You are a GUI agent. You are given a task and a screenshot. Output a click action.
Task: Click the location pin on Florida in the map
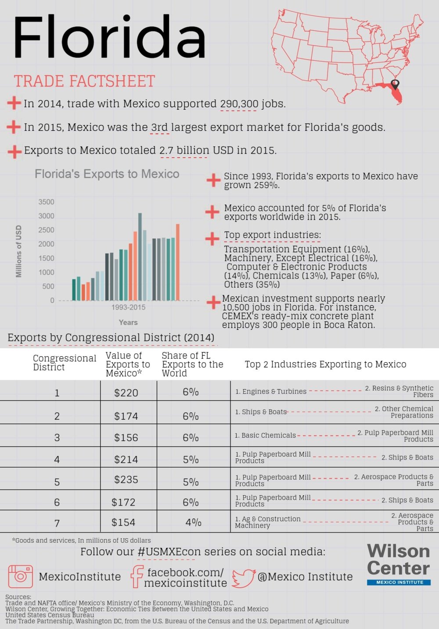pos(395,84)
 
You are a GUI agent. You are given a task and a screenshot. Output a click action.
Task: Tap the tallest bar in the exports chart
pos(140,257)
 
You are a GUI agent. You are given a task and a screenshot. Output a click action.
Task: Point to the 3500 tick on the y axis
pos(47,202)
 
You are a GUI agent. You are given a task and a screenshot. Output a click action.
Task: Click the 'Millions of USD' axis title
pos(18,251)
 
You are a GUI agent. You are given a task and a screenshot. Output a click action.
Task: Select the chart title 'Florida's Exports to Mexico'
pos(107,174)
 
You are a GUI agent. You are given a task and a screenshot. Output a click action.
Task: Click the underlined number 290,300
pos(239,104)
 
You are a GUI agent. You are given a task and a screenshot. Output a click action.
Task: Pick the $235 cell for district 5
pos(126,480)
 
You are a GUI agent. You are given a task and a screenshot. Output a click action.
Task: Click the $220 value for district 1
pos(126,393)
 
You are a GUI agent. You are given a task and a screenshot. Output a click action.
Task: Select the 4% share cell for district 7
pos(193,522)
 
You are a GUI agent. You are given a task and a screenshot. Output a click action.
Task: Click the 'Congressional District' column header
pos(64,363)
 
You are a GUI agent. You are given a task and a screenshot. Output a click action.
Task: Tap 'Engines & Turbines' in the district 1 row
pos(271,391)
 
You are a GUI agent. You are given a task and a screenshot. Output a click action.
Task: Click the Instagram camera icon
pos(20,576)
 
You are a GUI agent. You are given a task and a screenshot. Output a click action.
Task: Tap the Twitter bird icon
pos(243,578)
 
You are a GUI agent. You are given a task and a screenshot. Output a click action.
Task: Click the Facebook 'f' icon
pos(137,576)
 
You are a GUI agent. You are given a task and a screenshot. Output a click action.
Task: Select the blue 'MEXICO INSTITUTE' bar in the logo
pos(399,582)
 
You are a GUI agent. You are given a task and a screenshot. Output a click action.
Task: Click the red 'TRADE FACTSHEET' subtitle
pos(84,82)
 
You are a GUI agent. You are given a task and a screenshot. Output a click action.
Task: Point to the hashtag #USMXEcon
pos(166,552)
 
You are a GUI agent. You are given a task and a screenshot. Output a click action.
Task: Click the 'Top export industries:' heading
pos(272,235)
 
